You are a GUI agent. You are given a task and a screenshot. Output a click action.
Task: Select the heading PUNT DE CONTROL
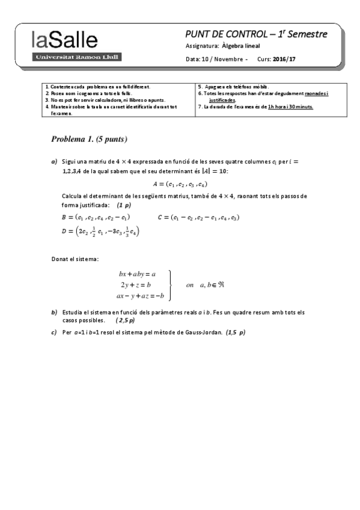click(x=227, y=34)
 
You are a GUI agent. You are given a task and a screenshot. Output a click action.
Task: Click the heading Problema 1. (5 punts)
click(x=90, y=139)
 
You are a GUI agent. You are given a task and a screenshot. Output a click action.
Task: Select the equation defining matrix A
click(x=180, y=184)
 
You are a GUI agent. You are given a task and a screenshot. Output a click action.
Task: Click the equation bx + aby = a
click(x=138, y=274)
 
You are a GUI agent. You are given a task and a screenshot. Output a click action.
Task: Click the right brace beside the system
click(x=171, y=284)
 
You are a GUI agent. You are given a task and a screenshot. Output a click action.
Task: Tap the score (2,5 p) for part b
click(x=126, y=321)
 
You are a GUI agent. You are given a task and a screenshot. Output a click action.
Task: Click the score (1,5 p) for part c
click(x=236, y=332)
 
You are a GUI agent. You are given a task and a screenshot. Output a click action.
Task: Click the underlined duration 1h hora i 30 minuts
click(x=291, y=107)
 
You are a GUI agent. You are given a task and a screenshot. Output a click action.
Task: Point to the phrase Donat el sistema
click(x=76, y=259)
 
